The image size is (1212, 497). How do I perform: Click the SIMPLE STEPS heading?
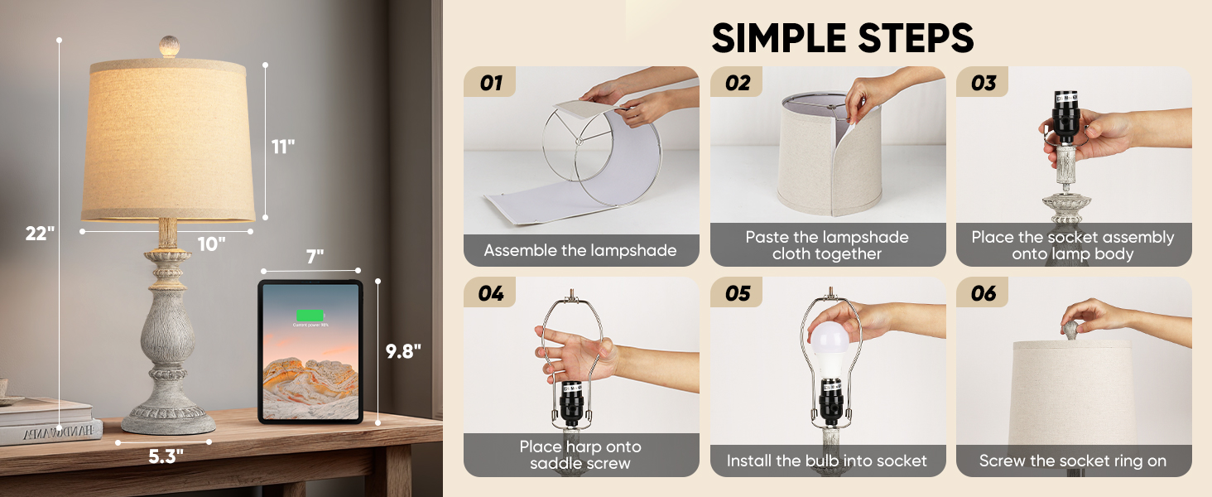tap(842, 38)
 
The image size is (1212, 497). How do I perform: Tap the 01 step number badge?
tap(491, 83)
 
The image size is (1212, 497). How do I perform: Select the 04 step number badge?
tap(491, 293)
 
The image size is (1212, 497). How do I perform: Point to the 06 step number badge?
tap(984, 293)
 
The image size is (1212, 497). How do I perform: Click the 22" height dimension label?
tap(39, 234)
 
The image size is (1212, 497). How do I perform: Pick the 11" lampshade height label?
tap(283, 147)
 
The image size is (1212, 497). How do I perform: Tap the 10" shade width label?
tap(212, 244)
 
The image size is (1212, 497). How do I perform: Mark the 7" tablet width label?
tap(315, 257)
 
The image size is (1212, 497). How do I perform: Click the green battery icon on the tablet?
tap(310, 316)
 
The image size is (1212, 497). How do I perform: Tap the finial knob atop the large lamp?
tap(169, 46)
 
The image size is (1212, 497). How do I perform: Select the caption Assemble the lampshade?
tap(580, 250)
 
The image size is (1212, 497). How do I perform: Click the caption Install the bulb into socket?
tap(827, 461)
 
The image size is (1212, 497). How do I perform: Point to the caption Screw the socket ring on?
tap(1073, 461)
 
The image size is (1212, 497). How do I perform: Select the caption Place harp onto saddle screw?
tap(580, 455)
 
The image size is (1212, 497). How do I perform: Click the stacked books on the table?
tap(48, 422)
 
